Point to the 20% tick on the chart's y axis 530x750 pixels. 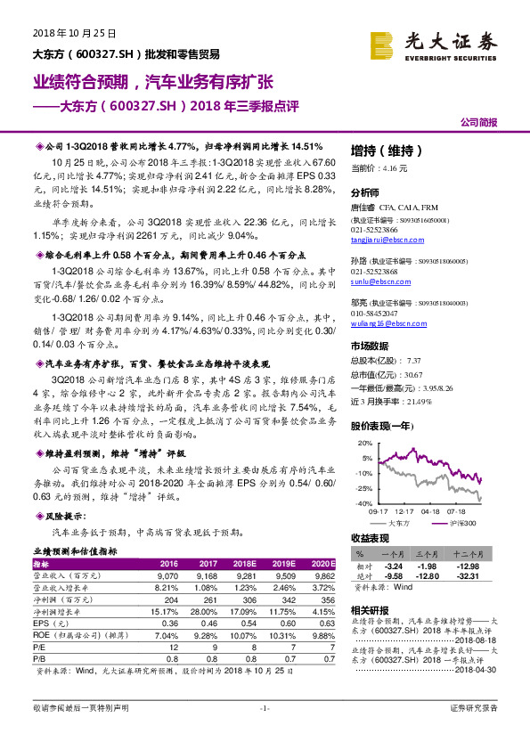click(364, 443)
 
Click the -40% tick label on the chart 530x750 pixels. click(363, 503)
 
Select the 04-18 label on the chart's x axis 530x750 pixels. click(431, 511)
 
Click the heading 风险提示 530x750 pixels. click(66, 516)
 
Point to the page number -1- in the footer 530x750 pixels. click(265, 708)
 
